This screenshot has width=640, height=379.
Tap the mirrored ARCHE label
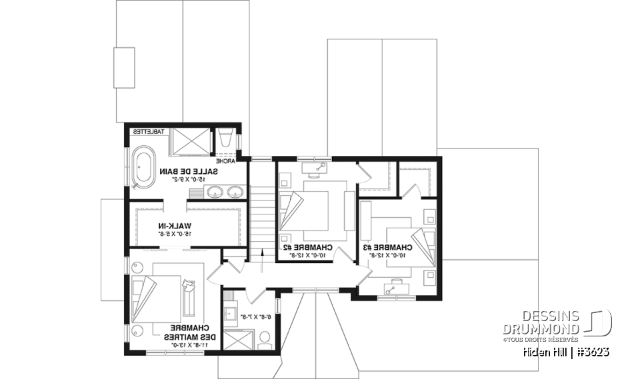pos(223,161)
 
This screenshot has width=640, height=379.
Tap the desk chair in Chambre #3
pos(391,286)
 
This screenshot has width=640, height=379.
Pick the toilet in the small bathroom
pos(263,339)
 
